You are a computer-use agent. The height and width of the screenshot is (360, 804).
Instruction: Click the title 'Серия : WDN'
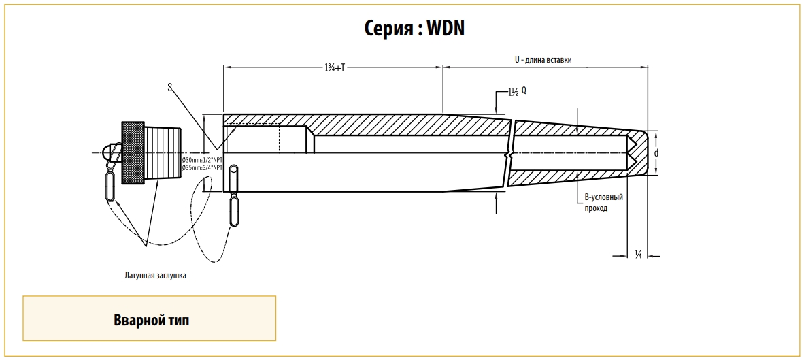414,28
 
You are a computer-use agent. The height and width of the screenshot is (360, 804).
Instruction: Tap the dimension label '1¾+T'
335,67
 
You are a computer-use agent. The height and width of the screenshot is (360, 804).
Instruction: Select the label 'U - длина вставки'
543,60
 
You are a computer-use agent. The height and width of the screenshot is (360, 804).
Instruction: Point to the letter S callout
170,86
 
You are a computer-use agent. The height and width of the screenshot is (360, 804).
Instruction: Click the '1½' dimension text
514,92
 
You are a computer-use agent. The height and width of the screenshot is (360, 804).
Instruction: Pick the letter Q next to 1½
524,89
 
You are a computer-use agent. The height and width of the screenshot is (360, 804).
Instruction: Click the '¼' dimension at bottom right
638,255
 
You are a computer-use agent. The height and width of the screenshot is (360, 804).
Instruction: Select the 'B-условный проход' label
604,203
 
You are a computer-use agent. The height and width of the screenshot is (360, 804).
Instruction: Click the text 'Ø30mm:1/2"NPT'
203,159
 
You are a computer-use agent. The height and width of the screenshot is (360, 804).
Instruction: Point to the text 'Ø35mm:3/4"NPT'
203,167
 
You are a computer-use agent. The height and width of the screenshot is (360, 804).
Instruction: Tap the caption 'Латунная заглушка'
155,276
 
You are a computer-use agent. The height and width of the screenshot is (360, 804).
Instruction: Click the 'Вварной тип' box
150,318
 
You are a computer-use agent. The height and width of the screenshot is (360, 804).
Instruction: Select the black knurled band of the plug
133,153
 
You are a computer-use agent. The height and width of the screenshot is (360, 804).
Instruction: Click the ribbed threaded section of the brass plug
163,153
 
